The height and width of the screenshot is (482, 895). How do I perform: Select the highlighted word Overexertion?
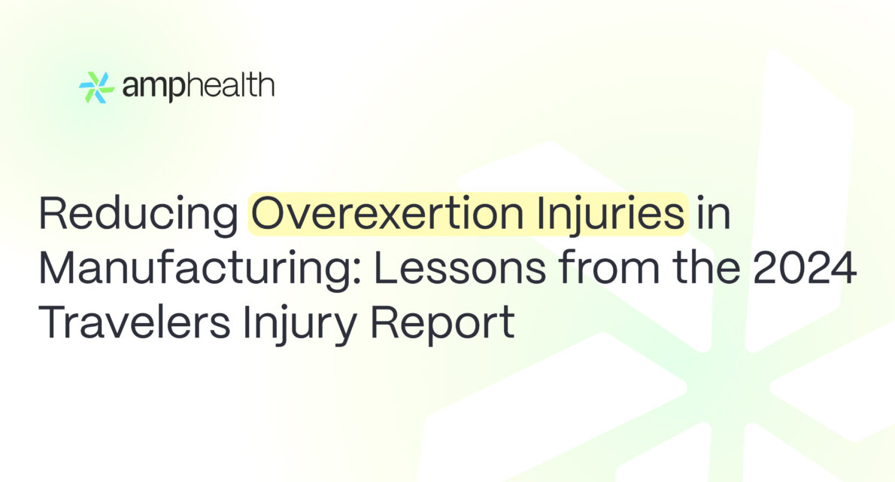[387, 213]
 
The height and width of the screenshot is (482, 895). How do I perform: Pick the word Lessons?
[460, 268]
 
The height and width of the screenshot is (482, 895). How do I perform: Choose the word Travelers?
[135, 322]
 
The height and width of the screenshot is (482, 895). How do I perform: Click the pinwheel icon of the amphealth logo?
[96, 87]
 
